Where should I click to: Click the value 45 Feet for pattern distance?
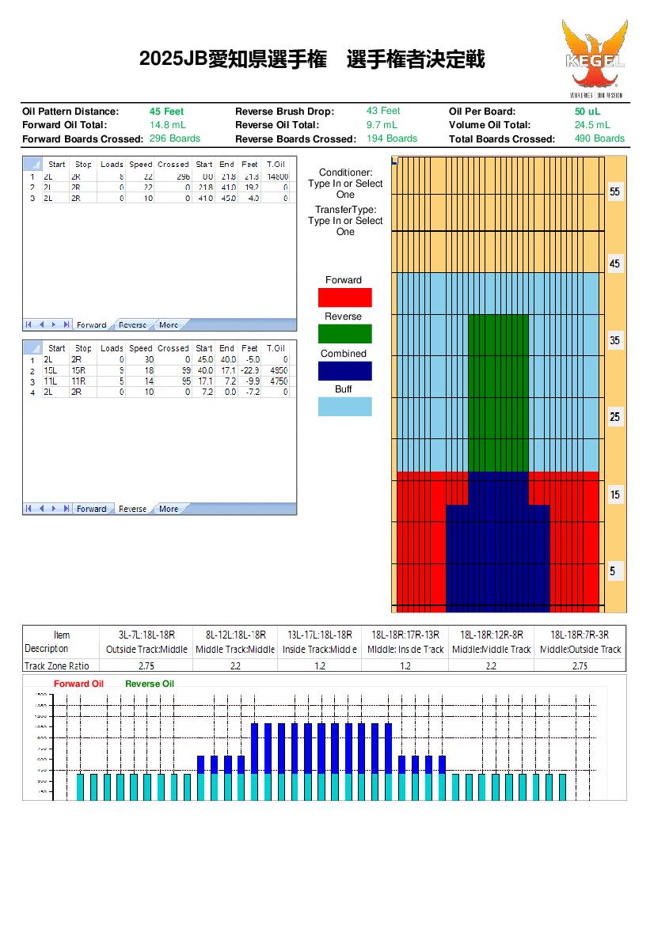pyautogui.click(x=166, y=112)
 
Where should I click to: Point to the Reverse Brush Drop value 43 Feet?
pyautogui.click(x=383, y=112)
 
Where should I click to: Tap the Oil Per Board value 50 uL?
pyautogui.click(x=587, y=112)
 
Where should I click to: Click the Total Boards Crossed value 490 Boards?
pyautogui.click(x=599, y=138)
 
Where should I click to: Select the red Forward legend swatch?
pyautogui.click(x=344, y=298)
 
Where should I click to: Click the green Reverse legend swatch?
pyautogui.click(x=344, y=334)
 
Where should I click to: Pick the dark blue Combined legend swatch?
pyautogui.click(x=344, y=371)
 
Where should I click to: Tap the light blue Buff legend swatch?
pyautogui.click(x=344, y=407)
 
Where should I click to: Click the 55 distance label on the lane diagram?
pyautogui.click(x=615, y=192)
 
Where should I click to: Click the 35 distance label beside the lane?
pyautogui.click(x=615, y=341)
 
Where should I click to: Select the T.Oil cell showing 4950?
pyautogui.click(x=276, y=370)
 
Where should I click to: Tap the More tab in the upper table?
pyautogui.click(x=169, y=325)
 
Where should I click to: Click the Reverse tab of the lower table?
pyautogui.click(x=132, y=509)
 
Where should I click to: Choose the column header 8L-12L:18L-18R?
pyautogui.click(x=235, y=635)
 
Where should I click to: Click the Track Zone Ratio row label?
pyautogui.click(x=57, y=666)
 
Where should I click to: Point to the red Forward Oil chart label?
pyautogui.click(x=78, y=684)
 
